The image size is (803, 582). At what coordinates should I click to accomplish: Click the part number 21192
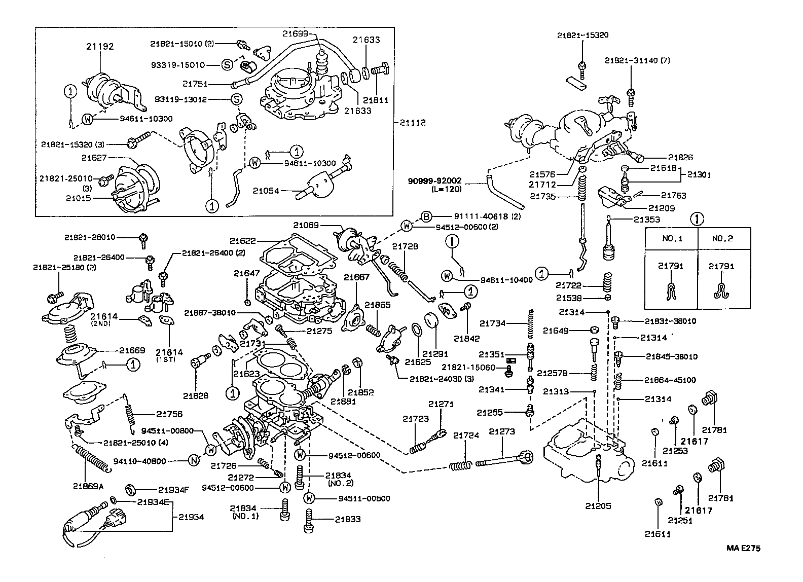tap(100, 46)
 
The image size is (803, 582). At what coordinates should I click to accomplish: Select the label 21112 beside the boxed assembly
tap(412, 123)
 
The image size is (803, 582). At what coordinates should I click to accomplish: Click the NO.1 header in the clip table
tap(671, 238)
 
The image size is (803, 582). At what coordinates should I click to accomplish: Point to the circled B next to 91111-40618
tap(426, 216)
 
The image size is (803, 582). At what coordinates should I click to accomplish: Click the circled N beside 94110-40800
tap(193, 460)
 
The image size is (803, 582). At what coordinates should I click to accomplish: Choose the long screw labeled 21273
tap(502, 460)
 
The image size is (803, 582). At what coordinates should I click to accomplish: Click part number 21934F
tap(173, 490)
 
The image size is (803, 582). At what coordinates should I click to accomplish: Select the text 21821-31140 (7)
tap(631, 60)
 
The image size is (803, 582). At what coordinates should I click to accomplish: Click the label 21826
tap(680, 158)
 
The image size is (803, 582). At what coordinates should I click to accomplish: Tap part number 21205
tap(599, 505)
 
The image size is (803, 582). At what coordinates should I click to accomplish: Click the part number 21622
tap(242, 241)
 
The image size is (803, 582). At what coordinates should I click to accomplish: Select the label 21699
tap(296, 33)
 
